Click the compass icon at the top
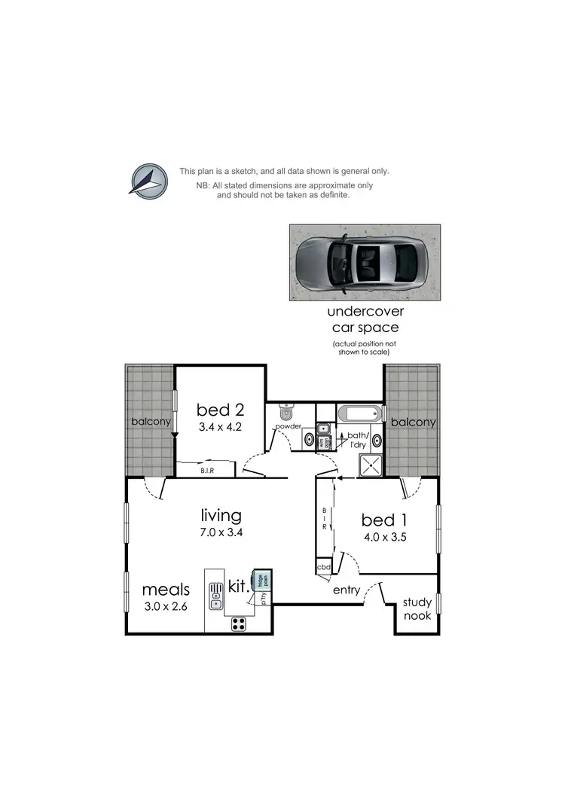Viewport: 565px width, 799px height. pyautogui.click(x=148, y=181)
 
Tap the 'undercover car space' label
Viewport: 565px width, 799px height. pyautogui.click(x=365, y=320)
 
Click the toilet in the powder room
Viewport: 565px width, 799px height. pyautogui.click(x=286, y=413)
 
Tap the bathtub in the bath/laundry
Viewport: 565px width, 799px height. pyautogui.click(x=360, y=413)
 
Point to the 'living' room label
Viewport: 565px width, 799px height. pyautogui.click(x=221, y=516)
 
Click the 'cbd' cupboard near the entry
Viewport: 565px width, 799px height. pyautogui.click(x=324, y=567)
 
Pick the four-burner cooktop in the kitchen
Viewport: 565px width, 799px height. pyautogui.click(x=239, y=623)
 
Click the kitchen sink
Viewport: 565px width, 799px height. pyautogui.click(x=215, y=593)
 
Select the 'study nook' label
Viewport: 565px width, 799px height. pyautogui.click(x=417, y=608)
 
